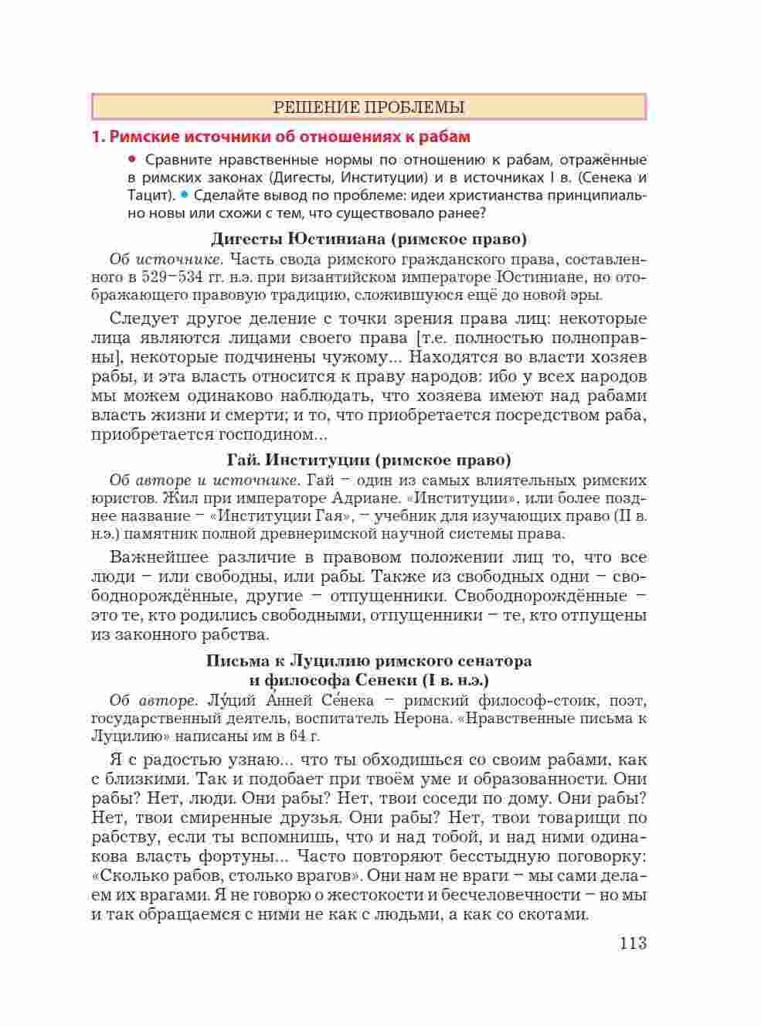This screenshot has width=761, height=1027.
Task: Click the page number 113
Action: tap(631, 944)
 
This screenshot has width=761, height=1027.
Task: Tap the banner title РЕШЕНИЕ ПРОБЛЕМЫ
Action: tap(369, 107)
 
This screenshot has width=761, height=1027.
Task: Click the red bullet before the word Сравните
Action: tap(131, 159)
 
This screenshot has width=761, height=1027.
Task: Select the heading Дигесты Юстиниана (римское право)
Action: tap(369, 239)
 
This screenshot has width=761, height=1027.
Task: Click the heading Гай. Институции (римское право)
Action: tap(369, 460)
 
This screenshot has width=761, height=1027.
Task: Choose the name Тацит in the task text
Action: tap(145, 196)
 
